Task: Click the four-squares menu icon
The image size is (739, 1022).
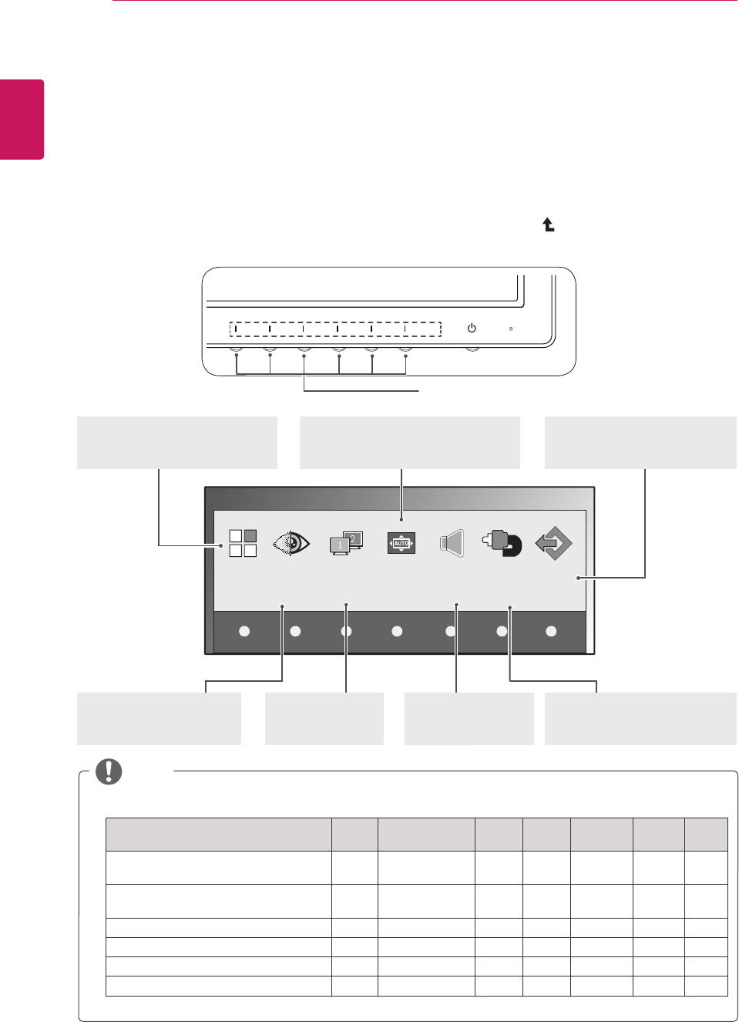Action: click(243, 543)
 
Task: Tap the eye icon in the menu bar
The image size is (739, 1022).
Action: click(291, 544)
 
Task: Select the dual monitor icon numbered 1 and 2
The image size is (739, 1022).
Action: click(345, 543)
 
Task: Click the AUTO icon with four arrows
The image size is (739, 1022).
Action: click(401, 543)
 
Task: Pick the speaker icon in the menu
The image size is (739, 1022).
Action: click(452, 544)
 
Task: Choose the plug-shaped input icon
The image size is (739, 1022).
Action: click(502, 543)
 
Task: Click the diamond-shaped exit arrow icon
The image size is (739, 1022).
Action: click(553, 543)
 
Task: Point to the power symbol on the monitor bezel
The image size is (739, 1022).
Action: click(472, 328)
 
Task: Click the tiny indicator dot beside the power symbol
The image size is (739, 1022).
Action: click(511, 329)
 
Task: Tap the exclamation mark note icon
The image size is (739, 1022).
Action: click(109, 771)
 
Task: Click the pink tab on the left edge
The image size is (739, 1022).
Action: click(22, 120)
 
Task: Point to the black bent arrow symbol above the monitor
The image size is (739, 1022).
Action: click(549, 225)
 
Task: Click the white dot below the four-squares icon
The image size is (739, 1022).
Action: click(244, 631)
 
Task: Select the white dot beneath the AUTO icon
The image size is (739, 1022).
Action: click(397, 631)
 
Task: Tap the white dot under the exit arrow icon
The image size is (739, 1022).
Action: click(551, 631)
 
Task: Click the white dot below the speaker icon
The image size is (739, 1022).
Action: click(451, 631)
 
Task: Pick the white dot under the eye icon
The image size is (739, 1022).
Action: click(295, 631)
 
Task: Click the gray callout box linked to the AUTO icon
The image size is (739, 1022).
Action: click(409, 442)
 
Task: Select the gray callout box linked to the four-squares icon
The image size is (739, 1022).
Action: click(176, 442)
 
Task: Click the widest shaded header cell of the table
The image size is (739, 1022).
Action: click(218, 834)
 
